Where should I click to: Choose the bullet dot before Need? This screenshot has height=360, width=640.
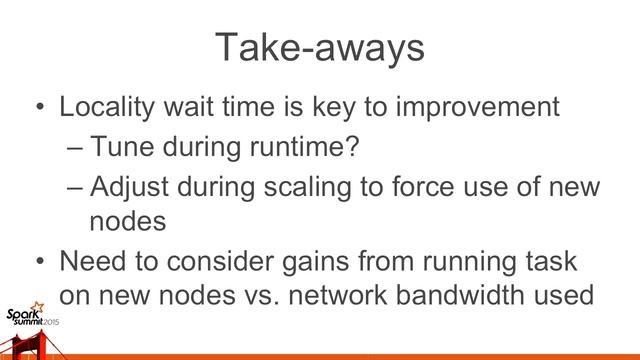point(37,263)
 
